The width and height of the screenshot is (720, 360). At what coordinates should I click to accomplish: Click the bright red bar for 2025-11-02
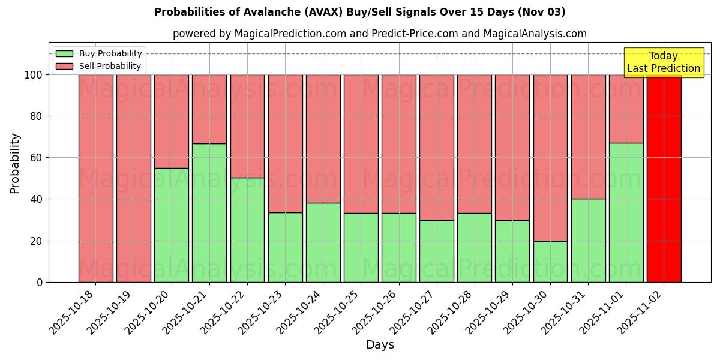pyautogui.click(x=664, y=178)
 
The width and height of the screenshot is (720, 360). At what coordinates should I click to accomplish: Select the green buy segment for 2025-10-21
pyautogui.click(x=209, y=212)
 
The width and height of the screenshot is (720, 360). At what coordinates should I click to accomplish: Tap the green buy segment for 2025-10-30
pyautogui.click(x=550, y=262)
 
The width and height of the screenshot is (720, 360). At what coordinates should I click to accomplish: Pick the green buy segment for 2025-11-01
pyautogui.click(x=626, y=212)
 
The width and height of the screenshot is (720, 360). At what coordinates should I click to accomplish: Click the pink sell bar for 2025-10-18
pyautogui.click(x=96, y=178)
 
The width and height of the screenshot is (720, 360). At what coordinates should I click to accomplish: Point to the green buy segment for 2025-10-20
pyautogui.click(x=172, y=225)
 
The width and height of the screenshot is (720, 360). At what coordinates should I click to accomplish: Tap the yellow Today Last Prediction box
pyautogui.click(x=664, y=62)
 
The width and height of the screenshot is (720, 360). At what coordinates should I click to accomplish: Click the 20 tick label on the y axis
pyautogui.click(x=37, y=241)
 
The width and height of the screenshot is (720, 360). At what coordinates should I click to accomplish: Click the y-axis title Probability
pyautogui.click(x=15, y=163)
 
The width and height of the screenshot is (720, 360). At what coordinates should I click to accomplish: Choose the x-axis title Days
pyautogui.click(x=380, y=345)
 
